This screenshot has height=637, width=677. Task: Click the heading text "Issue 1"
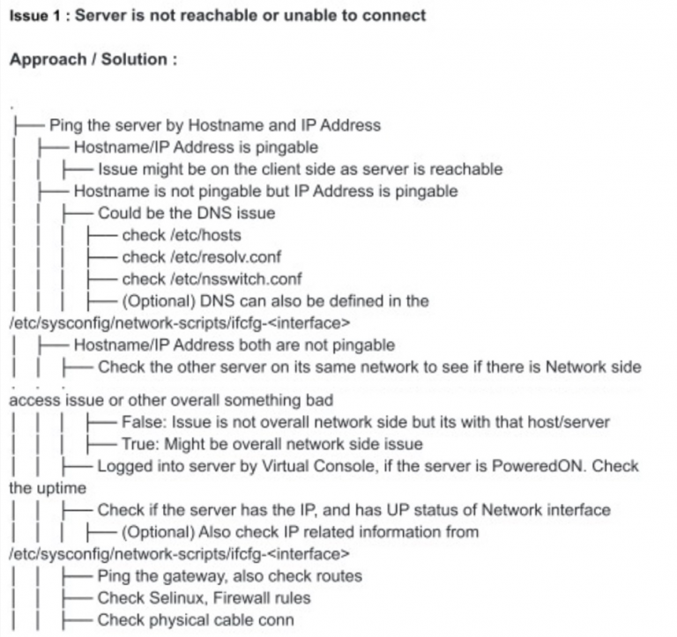[x=35, y=16]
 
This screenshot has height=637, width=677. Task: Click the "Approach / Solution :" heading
[x=93, y=59]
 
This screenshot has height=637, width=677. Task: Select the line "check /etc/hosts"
[x=182, y=235]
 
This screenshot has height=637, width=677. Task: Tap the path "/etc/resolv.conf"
[x=226, y=257]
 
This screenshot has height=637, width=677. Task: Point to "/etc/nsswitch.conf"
[x=236, y=279]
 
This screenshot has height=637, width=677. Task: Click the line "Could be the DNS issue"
[x=187, y=213]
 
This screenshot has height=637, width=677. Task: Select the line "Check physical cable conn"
[x=196, y=620]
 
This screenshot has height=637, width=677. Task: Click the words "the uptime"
[x=48, y=488]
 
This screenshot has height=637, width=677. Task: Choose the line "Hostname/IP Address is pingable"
[x=196, y=147]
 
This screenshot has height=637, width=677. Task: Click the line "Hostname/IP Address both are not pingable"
[x=234, y=345]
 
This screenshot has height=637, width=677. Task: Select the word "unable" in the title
[x=313, y=16]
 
